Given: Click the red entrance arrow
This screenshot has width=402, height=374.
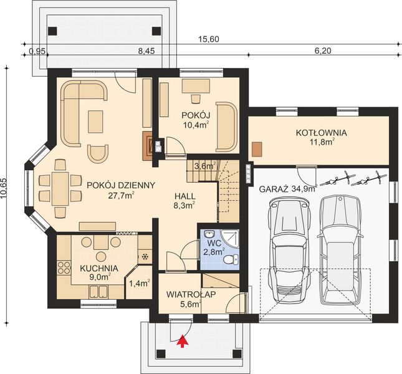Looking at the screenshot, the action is [182, 341].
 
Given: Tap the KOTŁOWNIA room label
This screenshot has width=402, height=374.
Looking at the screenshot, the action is [321, 133].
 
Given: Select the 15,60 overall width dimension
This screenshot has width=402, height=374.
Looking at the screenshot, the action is [208, 39].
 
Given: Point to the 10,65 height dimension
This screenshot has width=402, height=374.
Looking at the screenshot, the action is [4, 188].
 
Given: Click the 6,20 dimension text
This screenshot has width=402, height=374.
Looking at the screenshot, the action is [322, 50].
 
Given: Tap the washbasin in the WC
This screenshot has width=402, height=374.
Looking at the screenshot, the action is [210, 234].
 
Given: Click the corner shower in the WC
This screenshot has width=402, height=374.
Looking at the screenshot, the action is [230, 239].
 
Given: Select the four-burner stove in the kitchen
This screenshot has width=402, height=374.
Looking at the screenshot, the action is [64, 267].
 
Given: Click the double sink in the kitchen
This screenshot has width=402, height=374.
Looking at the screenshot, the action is [98, 292].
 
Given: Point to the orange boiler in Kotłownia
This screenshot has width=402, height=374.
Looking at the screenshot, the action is [257, 149].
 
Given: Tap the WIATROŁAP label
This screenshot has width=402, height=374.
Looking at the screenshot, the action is [191, 294].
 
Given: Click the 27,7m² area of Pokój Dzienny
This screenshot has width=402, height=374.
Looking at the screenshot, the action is [122, 196].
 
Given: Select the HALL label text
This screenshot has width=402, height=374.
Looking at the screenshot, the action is [185, 196].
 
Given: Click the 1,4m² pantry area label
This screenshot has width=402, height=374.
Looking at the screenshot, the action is [139, 283].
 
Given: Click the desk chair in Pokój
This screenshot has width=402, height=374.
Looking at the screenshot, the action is [196, 98].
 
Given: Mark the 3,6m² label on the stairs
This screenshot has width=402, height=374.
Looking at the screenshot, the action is [204, 166].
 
